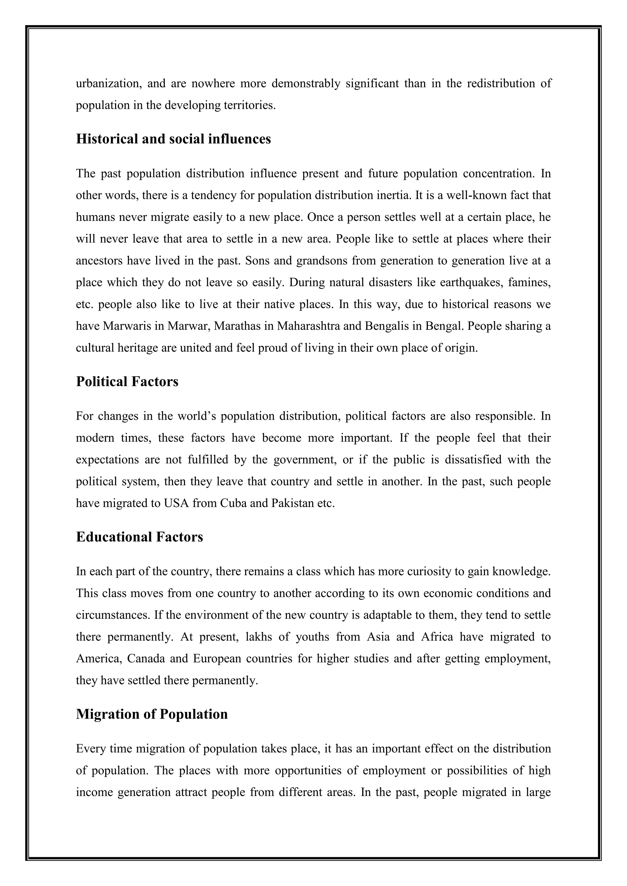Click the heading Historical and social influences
[173, 139]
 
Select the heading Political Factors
[127, 381]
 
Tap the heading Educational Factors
[139, 537]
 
